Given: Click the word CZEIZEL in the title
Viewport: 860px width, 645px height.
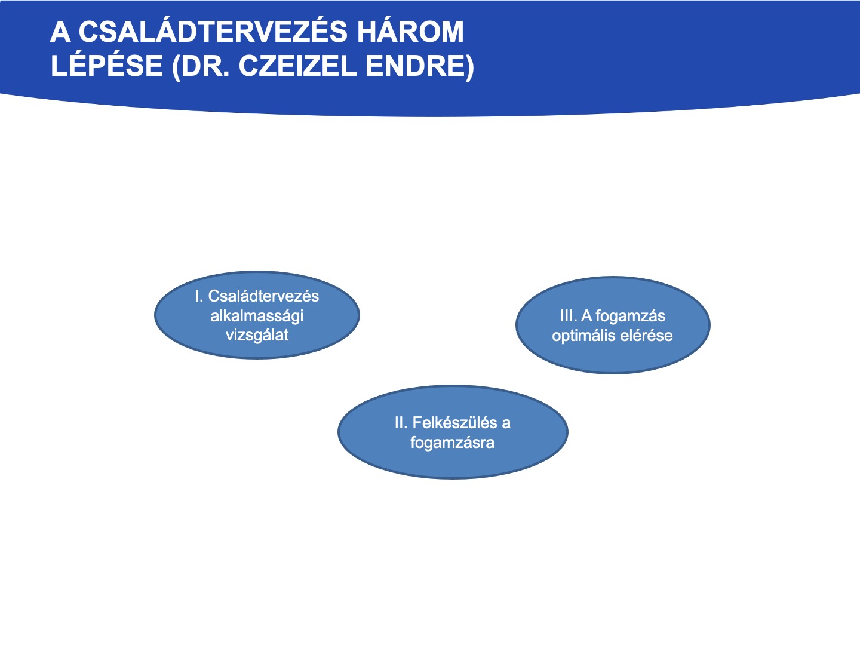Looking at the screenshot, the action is tap(297, 65).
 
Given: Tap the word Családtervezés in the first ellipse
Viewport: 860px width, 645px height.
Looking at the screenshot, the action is tap(263, 296).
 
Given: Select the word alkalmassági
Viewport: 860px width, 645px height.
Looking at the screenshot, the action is tap(257, 316).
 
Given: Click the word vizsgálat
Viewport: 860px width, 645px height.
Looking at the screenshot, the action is tap(257, 335).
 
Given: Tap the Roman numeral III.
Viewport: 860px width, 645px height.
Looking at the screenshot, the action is tap(568, 316).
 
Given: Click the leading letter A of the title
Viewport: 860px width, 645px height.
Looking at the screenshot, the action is tap(61, 31).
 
